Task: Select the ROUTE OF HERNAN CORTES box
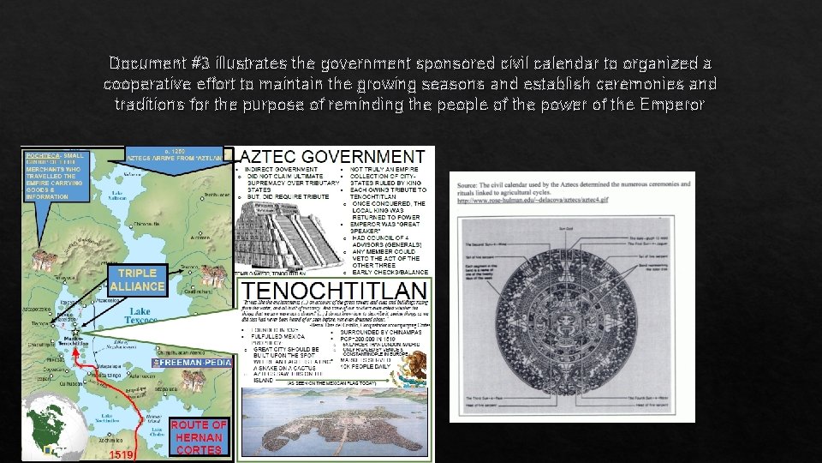coord(200,436)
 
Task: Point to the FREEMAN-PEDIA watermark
coord(192,364)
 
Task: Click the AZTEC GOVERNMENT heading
coord(335,157)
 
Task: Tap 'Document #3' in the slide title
coord(152,63)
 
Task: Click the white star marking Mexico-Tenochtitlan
coord(74,328)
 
